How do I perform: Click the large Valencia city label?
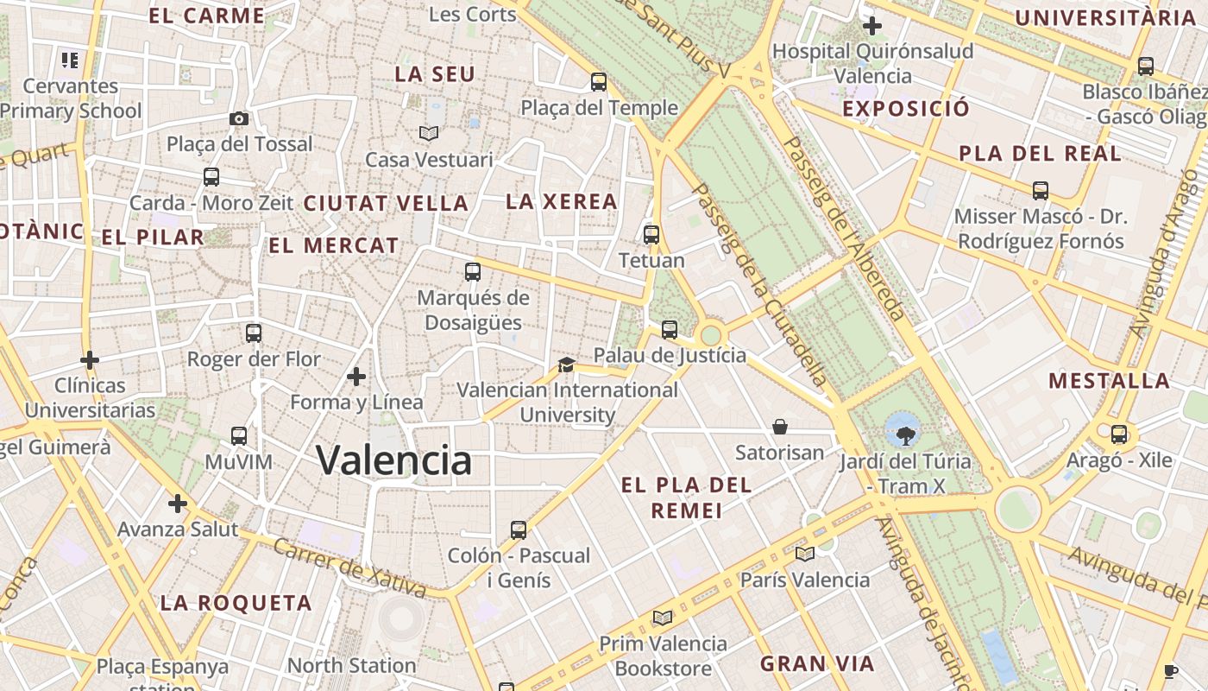point(393,460)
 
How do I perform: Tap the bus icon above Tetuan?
point(651,234)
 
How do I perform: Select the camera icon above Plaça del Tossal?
point(239,118)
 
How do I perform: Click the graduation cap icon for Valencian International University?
point(566,365)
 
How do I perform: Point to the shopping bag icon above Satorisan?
point(779,427)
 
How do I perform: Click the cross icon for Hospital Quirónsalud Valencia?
point(872,26)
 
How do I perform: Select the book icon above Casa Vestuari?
point(429,133)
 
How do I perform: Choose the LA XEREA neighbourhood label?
point(562,201)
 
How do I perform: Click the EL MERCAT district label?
point(334,245)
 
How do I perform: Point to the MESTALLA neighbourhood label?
point(1109,380)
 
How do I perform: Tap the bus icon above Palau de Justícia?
point(670,329)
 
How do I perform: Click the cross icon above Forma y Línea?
point(356,377)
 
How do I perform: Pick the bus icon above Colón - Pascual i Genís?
point(519,529)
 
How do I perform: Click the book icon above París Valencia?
point(804,554)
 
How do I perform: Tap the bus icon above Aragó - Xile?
point(1119,434)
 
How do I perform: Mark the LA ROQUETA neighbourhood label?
point(236,603)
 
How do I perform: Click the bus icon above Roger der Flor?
point(254,333)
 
